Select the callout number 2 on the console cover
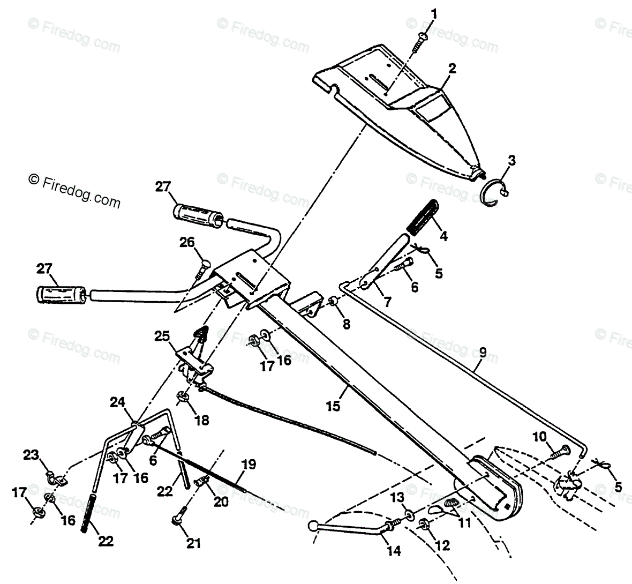453,69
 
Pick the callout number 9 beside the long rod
483,353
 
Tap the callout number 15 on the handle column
333,406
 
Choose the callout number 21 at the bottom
193,543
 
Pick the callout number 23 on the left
31,455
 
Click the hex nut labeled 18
182,397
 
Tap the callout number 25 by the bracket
162,337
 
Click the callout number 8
347,324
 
